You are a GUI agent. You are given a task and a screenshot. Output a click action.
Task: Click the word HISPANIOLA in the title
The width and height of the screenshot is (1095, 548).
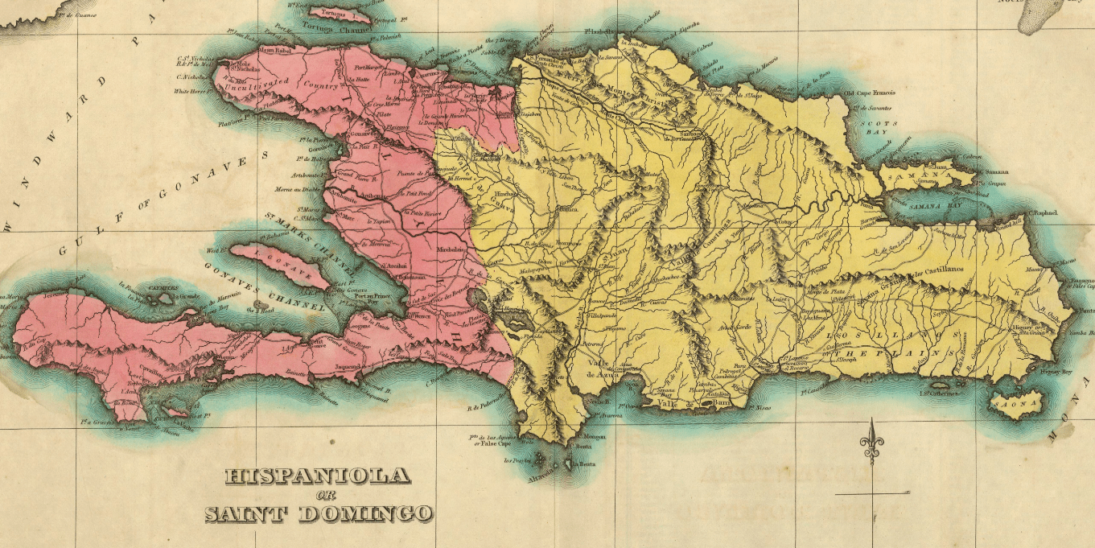(317, 476)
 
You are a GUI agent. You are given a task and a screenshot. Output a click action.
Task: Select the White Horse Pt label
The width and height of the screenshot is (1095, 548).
(191, 91)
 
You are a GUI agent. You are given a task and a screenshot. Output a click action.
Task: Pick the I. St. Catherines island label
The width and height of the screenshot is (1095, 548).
(938, 393)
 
